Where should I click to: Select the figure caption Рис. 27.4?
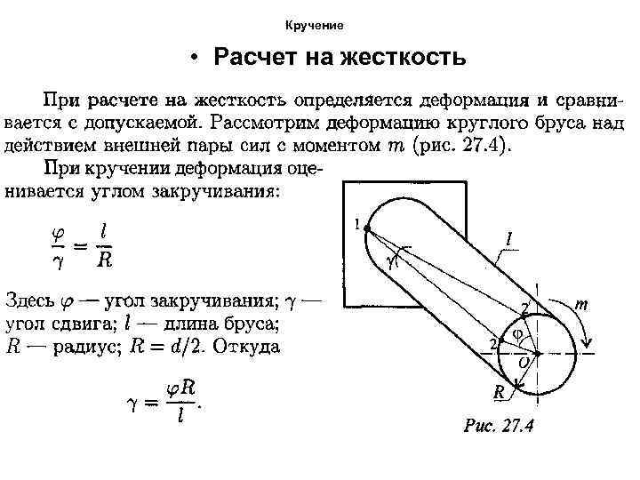(499, 425)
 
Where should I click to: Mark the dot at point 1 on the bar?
(366, 228)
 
